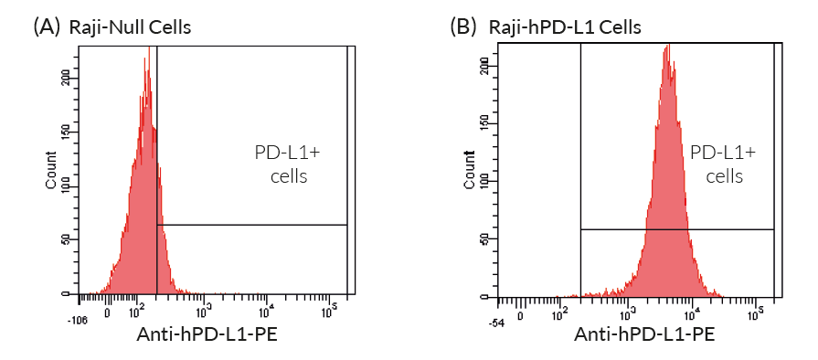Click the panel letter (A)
click(x=47, y=26)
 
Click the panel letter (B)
click(x=463, y=26)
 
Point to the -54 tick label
click(x=497, y=321)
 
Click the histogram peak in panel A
click(x=146, y=62)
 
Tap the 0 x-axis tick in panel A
click(x=108, y=312)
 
